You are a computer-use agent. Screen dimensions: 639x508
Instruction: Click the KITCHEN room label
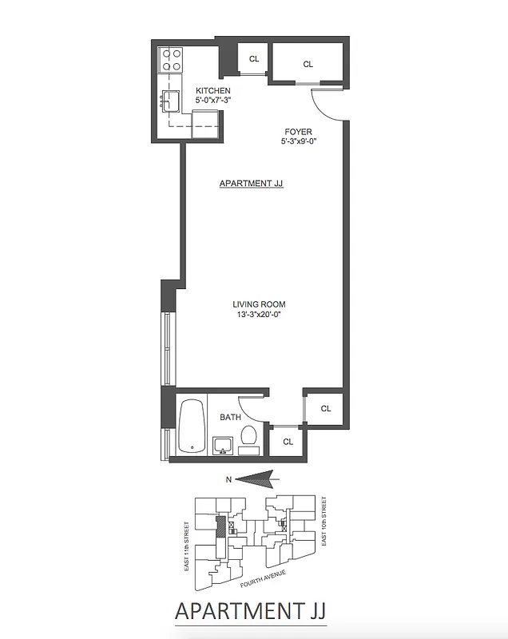(213, 91)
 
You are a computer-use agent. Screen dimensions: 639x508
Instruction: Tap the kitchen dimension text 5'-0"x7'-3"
(213, 101)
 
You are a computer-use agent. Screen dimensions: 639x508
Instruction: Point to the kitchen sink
(171, 101)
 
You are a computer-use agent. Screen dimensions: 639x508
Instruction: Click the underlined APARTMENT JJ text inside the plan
(252, 184)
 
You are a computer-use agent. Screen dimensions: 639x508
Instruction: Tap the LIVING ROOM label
(259, 304)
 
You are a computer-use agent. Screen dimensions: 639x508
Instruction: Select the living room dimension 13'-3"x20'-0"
(259, 315)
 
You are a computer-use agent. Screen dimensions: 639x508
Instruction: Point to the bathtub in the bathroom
(190, 427)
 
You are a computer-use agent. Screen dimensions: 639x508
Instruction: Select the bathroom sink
(222, 444)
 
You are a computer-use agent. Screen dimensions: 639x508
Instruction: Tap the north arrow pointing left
(256, 479)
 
